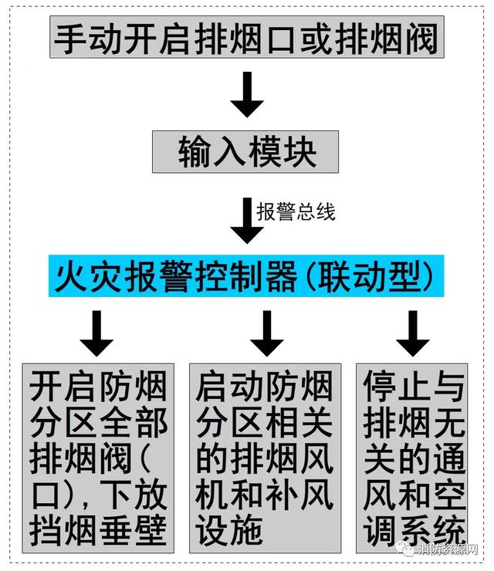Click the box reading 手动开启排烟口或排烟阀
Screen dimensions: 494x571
click(x=247, y=37)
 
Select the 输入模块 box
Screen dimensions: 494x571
click(x=245, y=151)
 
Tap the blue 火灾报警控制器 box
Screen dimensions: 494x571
click(x=246, y=275)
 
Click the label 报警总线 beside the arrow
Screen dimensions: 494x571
click(x=296, y=211)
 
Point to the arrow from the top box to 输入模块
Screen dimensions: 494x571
click(x=247, y=94)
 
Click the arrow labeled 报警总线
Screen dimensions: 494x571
click(x=247, y=221)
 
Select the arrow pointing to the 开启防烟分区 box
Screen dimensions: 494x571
click(x=96, y=333)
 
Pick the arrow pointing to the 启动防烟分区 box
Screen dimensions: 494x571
click(x=266, y=333)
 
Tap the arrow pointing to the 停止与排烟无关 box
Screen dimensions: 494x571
click(x=412, y=333)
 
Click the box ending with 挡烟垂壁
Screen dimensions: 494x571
click(x=98, y=458)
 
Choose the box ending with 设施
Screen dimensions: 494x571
click(x=266, y=458)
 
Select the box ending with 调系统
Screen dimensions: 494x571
click(x=412, y=458)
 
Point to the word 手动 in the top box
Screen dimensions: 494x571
click(x=87, y=39)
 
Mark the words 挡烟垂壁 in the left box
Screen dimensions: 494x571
click(x=98, y=530)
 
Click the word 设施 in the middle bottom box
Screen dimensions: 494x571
click(x=229, y=530)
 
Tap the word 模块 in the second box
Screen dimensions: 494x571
click(x=282, y=152)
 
